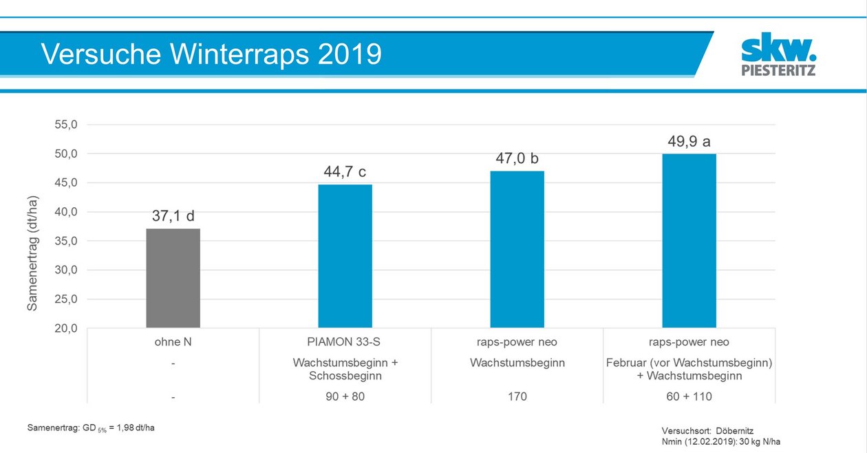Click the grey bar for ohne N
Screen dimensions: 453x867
pos(173,278)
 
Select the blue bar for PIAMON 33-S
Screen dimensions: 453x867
pos(345,256)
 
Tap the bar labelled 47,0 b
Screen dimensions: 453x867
pos(517,249)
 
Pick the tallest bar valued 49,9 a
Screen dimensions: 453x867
pos(689,241)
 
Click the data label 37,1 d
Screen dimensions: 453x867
pos(173,216)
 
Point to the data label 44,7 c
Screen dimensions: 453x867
pos(345,172)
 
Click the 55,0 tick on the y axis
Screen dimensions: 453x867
pos(65,125)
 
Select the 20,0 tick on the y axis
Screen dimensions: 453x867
pos(65,328)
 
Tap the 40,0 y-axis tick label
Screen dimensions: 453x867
pos(65,212)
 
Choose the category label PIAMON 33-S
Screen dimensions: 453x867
pos(345,342)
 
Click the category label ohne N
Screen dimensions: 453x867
pos(173,342)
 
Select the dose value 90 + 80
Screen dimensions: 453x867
pos(345,397)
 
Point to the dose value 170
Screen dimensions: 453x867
pos(517,397)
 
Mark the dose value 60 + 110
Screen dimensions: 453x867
pos(689,397)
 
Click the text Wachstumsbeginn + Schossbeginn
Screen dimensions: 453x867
pos(345,369)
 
